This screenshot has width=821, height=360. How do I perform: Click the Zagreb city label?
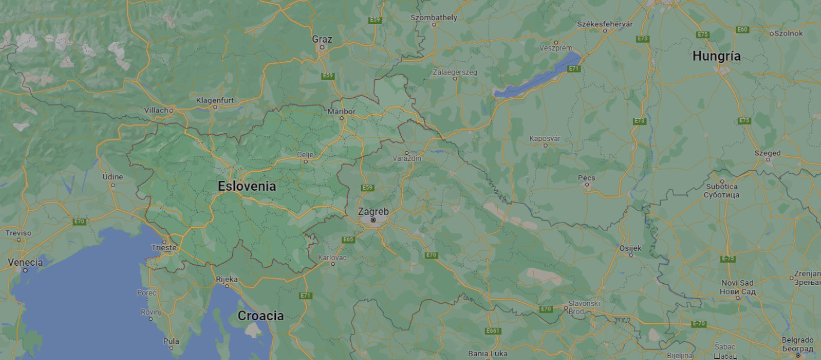click(x=373, y=211)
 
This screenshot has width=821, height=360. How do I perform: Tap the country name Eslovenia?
click(x=246, y=186)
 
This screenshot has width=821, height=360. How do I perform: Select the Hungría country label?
click(x=716, y=56)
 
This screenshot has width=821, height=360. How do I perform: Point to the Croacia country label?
click(x=261, y=316)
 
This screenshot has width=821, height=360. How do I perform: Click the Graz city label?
click(x=322, y=39)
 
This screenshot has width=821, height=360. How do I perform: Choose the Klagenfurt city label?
click(x=215, y=100)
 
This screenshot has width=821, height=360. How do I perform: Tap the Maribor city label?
click(x=341, y=111)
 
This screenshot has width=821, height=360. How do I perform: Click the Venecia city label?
click(x=25, y=262)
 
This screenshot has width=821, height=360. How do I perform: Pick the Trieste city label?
click(x=164, y=247)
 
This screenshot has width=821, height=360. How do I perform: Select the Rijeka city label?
click(x=227, y=279)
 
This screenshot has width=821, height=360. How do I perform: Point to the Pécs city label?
click(x=586, y=178)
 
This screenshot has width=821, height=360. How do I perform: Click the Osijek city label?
click(x=630, y=248)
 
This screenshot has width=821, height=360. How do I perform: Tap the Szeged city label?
click(x=768, y=153)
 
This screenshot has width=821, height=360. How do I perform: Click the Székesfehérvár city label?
click(x=605, y=23)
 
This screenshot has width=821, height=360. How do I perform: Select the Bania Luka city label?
click(x=487, y=353)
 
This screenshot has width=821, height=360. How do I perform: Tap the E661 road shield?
click(x=493, y=331)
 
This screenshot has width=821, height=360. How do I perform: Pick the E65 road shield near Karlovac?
click(x=348, y=239)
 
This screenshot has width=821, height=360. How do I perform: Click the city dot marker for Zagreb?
click(x=373, y=220)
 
